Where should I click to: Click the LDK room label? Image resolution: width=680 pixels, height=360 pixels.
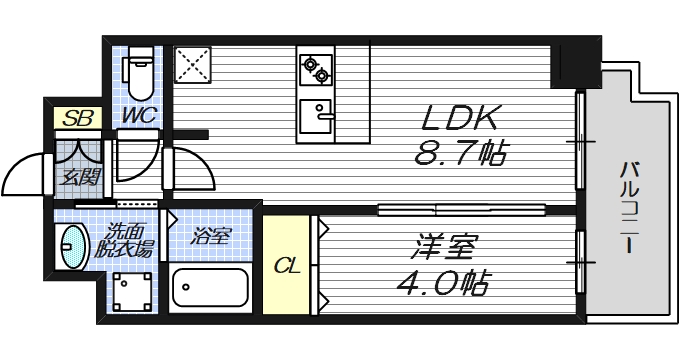[460, 118]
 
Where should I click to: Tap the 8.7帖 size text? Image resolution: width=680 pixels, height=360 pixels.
[460, 153]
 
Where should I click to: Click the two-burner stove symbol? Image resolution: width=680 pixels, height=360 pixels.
[314, 69]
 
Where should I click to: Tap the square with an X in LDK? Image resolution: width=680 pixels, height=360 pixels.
[190, 65]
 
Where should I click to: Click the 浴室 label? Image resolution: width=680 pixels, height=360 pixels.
[211, 236]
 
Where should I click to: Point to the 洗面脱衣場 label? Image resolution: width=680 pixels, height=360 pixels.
[128, 242]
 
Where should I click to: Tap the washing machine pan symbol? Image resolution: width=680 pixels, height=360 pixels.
[131, 295]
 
